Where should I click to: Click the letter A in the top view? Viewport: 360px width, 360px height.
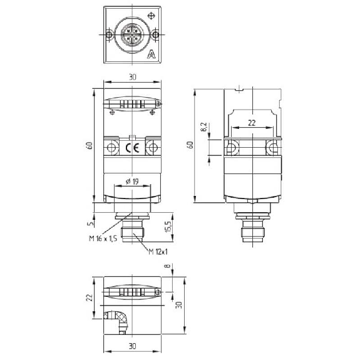[151, 54]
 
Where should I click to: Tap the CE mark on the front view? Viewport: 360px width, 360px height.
[133, 148]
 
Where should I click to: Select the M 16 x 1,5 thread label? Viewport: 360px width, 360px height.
[103, 239]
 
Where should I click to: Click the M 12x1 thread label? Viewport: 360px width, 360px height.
[158, 252]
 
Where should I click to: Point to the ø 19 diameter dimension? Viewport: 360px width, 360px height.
[133, 182]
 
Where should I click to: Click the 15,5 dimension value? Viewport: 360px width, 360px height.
[168, 227]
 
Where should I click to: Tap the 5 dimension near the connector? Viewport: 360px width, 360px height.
[91, 223]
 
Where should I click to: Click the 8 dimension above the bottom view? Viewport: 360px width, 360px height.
[168, 265]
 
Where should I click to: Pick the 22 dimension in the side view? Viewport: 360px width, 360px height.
[252, 123]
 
